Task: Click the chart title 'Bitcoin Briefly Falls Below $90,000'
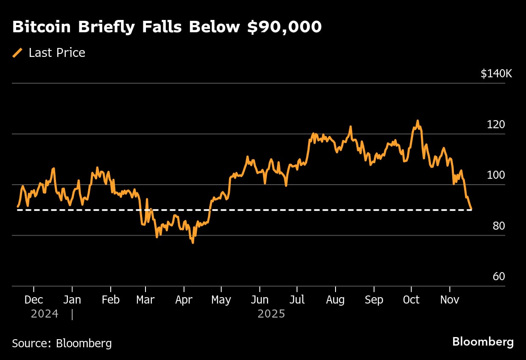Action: [167, 27]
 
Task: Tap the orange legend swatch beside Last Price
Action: [18, 53]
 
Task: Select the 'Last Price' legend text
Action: [57, 53]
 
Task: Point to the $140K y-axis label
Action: [496, 73]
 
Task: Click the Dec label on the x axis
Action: [34, 300]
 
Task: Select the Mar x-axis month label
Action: [145, 300]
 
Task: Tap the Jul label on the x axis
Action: [297, 300]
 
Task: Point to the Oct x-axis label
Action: [411, 300]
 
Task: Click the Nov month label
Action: [449, 300]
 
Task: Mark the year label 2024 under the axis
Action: [44, 314]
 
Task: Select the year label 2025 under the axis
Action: [271, 314]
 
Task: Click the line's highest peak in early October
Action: [417, 121]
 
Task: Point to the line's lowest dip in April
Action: [193, 243]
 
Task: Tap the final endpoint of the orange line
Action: [471, 209]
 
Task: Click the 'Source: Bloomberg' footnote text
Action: [62, 343]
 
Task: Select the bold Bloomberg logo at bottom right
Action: [483, 342]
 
